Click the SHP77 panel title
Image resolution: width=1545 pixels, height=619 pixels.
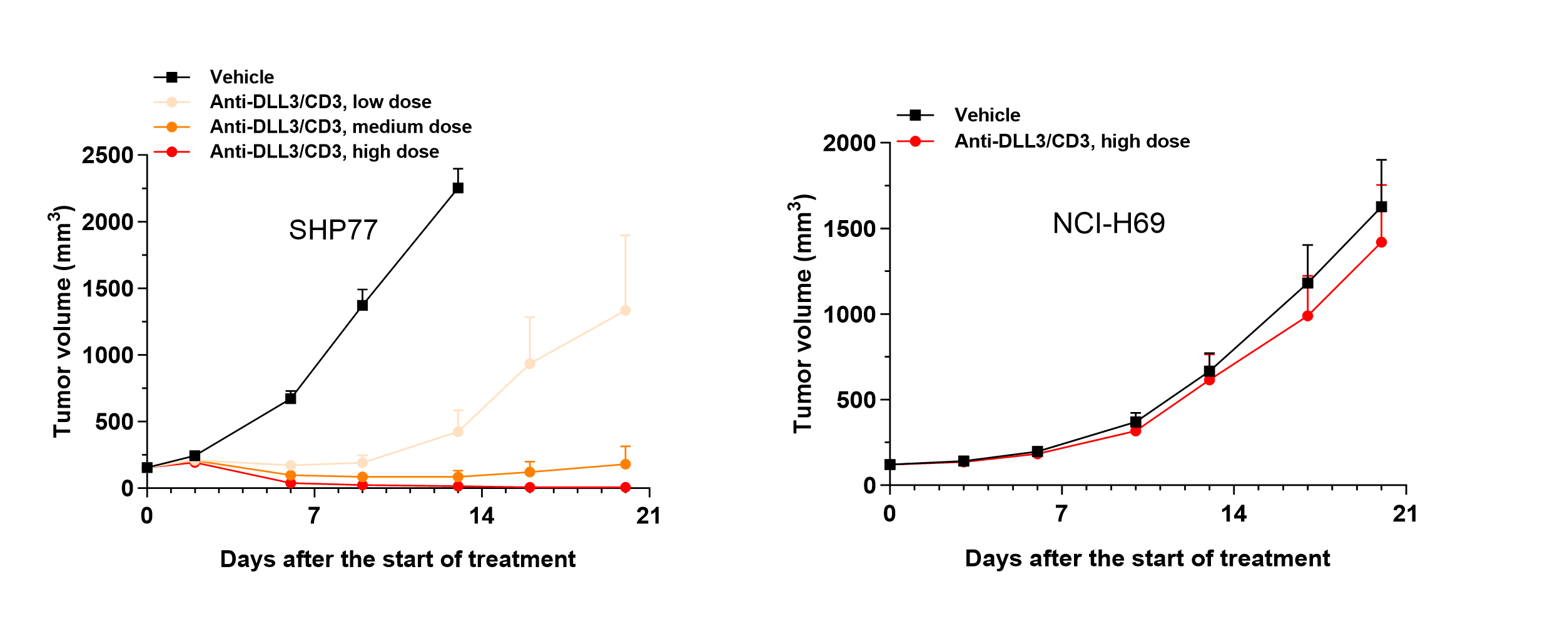(333, 230)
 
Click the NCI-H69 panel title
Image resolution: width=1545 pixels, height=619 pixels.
(1108, 224)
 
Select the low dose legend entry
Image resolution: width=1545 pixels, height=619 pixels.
(320, 102)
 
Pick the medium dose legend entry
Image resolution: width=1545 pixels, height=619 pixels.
(340, 127)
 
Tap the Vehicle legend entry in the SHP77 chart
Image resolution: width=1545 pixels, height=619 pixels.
(241, 77)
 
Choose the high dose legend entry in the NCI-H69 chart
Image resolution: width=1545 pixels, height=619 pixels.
(1071, 141)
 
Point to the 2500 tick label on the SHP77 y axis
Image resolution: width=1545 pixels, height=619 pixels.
(108, 155)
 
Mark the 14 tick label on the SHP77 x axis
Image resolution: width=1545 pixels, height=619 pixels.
(482, 516)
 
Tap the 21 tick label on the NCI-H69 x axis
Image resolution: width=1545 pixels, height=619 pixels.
(1405, 514)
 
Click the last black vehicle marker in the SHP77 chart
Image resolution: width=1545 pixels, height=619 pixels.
(458, 188)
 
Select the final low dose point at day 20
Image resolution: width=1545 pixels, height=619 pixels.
(625, 310)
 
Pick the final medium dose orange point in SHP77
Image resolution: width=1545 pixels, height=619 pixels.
(625, 464)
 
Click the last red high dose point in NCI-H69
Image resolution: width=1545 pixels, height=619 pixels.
(1381, 242)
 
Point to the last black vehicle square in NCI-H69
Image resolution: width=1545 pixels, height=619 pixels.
(1381, 206)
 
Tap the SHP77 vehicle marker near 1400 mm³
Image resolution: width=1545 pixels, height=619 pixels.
(362, 305)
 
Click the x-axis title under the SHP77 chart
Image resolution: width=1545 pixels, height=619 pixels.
(397, 559)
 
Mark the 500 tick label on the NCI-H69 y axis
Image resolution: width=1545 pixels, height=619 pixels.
(856, 400)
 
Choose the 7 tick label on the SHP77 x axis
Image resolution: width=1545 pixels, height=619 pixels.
(314, 516)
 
